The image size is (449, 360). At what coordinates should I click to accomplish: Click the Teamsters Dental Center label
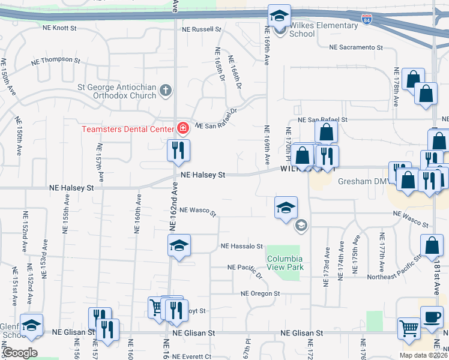[x=127, y=128]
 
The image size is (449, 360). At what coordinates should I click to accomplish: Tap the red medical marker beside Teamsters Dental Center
[x=182, y=128]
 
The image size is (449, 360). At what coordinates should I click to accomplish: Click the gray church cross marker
[x=166, y=91]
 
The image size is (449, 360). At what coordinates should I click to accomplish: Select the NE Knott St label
[x=59, y=28]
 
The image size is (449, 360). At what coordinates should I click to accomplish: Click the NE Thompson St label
[x=56, y=60]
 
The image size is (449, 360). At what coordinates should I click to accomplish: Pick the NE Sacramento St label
[x=355, y=47]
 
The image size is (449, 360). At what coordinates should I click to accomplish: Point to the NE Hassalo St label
[x=242, y=246]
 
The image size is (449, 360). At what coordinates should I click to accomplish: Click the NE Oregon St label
[x=261, y=293]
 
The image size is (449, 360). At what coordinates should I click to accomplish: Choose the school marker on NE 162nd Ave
[x=178, y=245]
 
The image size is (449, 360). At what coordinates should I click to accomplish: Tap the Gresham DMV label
[x=360, y=181]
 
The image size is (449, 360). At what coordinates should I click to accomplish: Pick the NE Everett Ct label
[x=191, y=356]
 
